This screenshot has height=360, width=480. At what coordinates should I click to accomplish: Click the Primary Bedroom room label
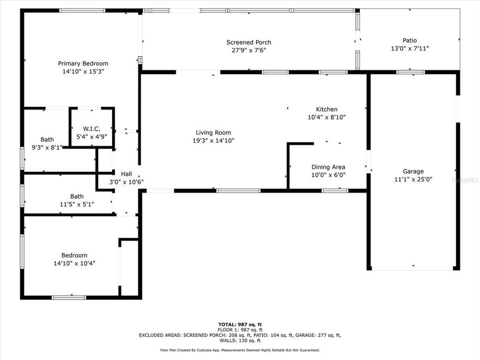click(x=83, y=63)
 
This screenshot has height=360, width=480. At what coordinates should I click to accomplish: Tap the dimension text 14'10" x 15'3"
click(x=83, y=71)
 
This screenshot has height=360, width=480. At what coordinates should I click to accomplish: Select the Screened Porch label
click(x=248, y=42)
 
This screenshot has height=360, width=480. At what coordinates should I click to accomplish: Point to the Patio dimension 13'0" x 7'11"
click(x=409, y=48)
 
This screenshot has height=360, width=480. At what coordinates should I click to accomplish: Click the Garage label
click(x=413, y=171)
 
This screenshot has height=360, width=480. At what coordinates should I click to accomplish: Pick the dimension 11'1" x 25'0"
click(x=413, y=179)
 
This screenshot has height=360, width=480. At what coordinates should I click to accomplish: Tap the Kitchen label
click(x=326, y=109)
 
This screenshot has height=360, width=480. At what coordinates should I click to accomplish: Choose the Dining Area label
click(x=328, y=167)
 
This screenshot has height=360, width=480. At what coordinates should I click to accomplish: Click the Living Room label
click(x=213, y=132)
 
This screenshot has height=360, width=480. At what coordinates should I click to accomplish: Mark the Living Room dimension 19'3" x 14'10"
click(x=213, y=140)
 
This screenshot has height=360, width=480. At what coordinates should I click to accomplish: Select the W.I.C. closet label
click(x=92, y=128)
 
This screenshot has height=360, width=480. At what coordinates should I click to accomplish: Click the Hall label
click(x=126, y=173)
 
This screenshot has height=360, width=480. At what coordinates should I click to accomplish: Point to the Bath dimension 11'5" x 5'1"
click(x=76, y=204)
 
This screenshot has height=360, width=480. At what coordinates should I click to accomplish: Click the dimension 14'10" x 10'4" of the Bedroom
click(x=74, y=263)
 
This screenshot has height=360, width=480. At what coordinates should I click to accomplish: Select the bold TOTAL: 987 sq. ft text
click(x=239, y=324)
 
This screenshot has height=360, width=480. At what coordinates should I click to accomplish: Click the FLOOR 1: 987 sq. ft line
click(x=239, y=329)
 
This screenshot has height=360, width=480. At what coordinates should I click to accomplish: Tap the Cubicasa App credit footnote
click(x=239, y=350)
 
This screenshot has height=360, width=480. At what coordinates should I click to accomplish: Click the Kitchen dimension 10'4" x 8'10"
click(x=326, y=117)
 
